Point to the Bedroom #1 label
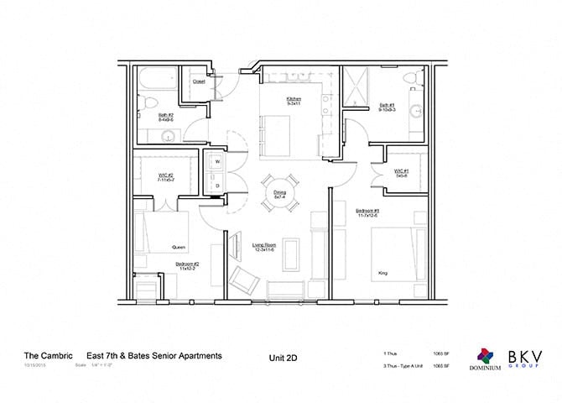point(368,212)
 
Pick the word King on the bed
point(382,273)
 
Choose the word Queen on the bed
point(179,247)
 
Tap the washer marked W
point(217,160)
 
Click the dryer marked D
point(217,184)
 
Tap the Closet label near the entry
point(199,81)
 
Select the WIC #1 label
point(401,172)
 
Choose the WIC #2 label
point(164,177)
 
